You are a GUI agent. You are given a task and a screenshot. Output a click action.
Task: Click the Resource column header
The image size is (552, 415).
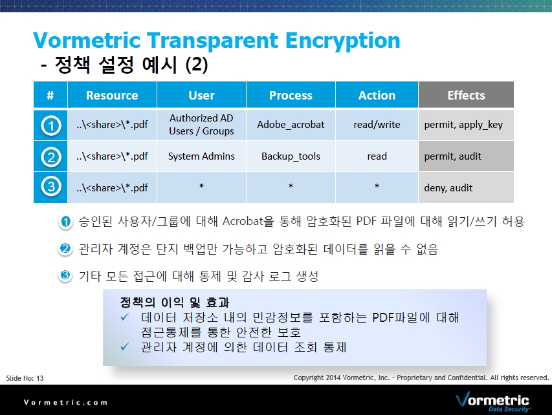click(112, 95)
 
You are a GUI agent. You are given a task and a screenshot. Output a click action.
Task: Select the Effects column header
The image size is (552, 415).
click(466, 95)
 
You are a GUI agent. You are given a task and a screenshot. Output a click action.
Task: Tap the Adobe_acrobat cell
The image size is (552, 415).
click(291, 125)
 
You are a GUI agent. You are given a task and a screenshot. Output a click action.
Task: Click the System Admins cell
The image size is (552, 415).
click(201, 156)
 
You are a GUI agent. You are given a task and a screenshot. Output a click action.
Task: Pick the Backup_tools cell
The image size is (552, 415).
click(291, 156)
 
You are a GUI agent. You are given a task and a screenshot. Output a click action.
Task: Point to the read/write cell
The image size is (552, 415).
click(377, 125)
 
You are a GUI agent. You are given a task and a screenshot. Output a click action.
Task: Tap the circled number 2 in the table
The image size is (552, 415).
click(50, 157)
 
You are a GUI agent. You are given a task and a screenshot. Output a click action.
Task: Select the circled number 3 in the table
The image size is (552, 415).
click(50, 186)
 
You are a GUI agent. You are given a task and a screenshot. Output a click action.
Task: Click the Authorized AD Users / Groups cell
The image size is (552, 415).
click(201, 125)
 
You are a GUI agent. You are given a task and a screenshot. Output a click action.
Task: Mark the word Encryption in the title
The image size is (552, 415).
click(342, 41)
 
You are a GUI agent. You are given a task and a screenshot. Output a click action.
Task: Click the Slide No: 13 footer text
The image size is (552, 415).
click(25, 378)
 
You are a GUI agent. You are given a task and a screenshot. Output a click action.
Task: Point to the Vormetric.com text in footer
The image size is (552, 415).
click(65, 402)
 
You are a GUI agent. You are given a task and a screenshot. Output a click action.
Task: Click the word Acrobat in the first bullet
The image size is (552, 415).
click(243, 221)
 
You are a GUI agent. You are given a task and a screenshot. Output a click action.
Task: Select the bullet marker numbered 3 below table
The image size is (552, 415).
click(65, 275)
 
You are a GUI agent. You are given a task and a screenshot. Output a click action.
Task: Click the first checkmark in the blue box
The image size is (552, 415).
click(125, 317)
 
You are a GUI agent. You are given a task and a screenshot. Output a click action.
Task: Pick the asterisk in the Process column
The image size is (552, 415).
click(291, 186)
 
